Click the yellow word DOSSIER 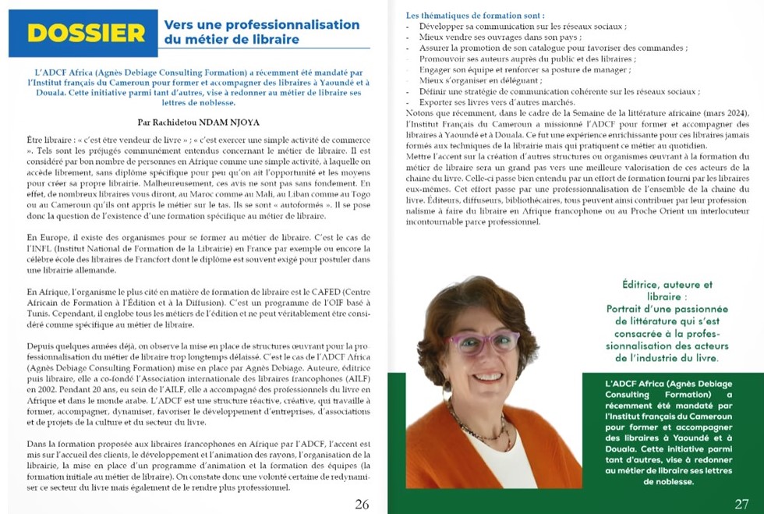pos(86,33)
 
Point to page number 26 pos(362,504)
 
